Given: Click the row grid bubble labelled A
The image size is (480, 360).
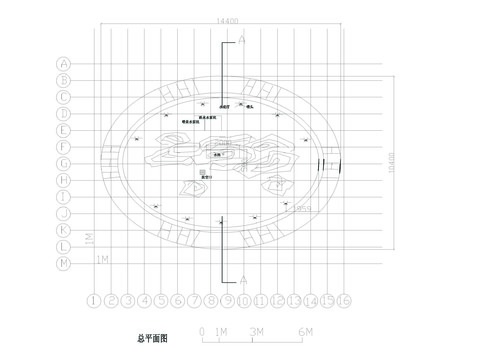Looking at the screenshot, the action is click(x=63, y=62).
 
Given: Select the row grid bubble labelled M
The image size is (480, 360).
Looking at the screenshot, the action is click(x=63, y=262).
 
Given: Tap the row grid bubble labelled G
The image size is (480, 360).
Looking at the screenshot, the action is click(x=63, y=163).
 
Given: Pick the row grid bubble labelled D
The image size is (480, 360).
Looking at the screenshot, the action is click(x=63, y=113).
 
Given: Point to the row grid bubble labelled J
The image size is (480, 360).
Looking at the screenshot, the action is click(x=63, y=213).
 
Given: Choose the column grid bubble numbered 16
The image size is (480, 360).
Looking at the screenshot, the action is click(x=343, y=300).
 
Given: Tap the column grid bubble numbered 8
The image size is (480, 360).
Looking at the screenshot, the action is click(x=211, y=300).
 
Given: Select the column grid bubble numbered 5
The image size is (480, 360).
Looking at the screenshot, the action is click(x=161, y=300).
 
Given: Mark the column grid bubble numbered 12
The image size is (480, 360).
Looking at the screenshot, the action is click(x=277, y=300).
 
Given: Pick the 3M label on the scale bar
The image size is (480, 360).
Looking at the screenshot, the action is click(x=257, y=330).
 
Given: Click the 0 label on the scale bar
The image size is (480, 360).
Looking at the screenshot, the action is click(x=203, y=330).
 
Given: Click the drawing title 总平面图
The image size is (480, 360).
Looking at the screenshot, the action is click(x=153, y=340).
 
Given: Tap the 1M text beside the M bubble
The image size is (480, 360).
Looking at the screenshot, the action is click(x=102, y=260).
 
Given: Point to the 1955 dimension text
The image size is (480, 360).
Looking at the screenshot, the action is click(x=300, y=209).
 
